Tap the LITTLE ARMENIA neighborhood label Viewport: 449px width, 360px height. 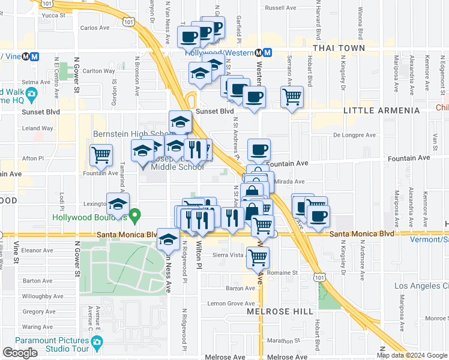[x=381, y=111]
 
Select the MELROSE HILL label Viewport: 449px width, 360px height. [x=280, y=311]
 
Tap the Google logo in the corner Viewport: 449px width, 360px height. [x=20, y=353]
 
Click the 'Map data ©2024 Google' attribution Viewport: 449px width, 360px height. [x=411, y=355]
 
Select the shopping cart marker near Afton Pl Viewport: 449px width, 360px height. [x=101, y=154]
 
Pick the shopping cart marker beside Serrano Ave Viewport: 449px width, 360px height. [x=292, y=95]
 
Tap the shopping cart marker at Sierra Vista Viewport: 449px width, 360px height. [x=258, y=256]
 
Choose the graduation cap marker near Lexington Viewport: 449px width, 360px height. [x=118, y=203]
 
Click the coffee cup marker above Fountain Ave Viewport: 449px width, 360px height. [x=259, y=149]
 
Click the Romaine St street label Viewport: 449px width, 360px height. [x=287, y=272]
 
